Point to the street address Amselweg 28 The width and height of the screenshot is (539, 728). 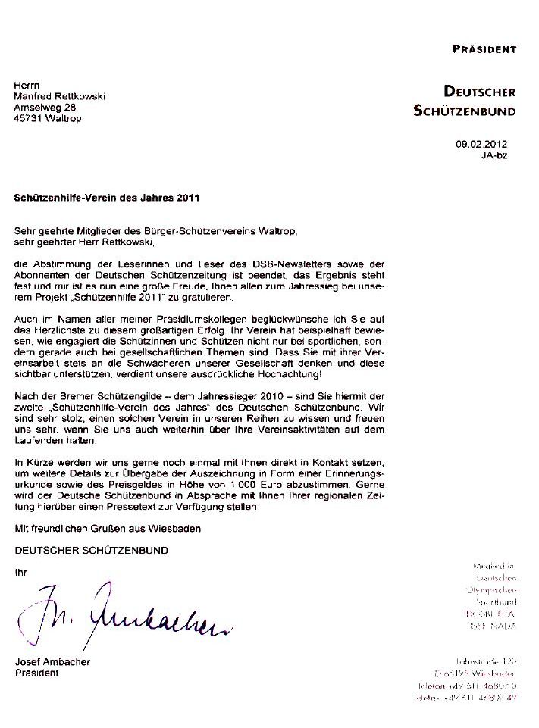(45, 108)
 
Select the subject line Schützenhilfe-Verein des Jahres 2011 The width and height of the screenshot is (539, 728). (106, 198)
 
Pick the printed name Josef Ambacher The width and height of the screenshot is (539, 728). (52, 662)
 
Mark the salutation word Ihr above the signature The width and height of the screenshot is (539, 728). (20, 572)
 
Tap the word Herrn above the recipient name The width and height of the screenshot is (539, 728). (28, 86)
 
